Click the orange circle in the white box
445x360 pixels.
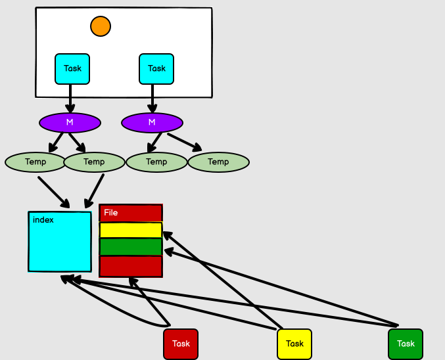tap(101, 26)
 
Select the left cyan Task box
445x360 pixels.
tap(72, 68)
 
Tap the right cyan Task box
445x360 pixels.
tap(156, 68)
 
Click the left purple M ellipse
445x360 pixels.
tap(70, 122)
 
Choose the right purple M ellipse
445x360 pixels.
tap(152, 122)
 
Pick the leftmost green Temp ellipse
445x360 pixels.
tap(35, 162)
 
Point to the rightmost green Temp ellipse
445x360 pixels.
tap(218, 162)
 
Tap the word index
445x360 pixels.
tap(43, 220)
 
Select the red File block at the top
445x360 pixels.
tap(131, 213)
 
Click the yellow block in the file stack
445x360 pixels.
tap(131, 230)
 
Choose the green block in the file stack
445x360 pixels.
tap(131, 247)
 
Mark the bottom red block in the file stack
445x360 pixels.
tap(131, 266)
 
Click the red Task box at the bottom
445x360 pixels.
tap(181, 344)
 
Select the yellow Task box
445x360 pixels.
tap(294, 344)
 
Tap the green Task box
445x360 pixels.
tap(406, 344)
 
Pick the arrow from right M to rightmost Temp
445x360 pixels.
tap(184, 141)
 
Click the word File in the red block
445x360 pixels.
tap(111, 213)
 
